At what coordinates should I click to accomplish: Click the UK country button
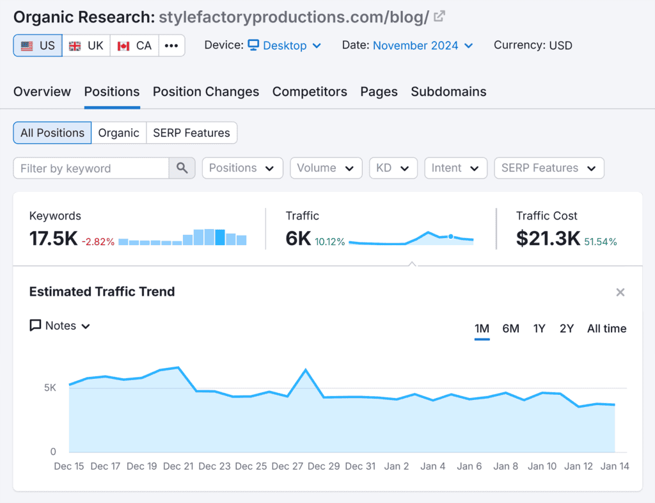[86, 45]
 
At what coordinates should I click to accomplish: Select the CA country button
[134, 45]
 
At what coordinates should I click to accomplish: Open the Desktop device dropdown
[285, 45]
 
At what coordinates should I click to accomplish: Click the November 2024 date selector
[423, 45]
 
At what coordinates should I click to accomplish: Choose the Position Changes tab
[205, 92]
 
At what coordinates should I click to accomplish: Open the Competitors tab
[310, 92]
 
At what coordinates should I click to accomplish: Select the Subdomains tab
[448, 92]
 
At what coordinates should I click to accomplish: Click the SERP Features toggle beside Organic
[191, 133]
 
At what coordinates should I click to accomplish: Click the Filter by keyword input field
[91, 168]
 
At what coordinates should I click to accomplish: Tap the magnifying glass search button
[182, 168]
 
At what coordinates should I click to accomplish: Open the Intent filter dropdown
[455, 168]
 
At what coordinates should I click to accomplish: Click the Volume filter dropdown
[326, 168]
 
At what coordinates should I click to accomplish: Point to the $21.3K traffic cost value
[548, 239]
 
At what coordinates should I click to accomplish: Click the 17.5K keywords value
[53, 239]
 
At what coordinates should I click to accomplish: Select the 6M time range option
[510, 329]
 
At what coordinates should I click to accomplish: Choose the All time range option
[606, 329]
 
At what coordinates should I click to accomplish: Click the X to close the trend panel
[620, 292]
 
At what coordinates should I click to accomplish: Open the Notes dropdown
[60, 326]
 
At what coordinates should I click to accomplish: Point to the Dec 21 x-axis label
[178, 467]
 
